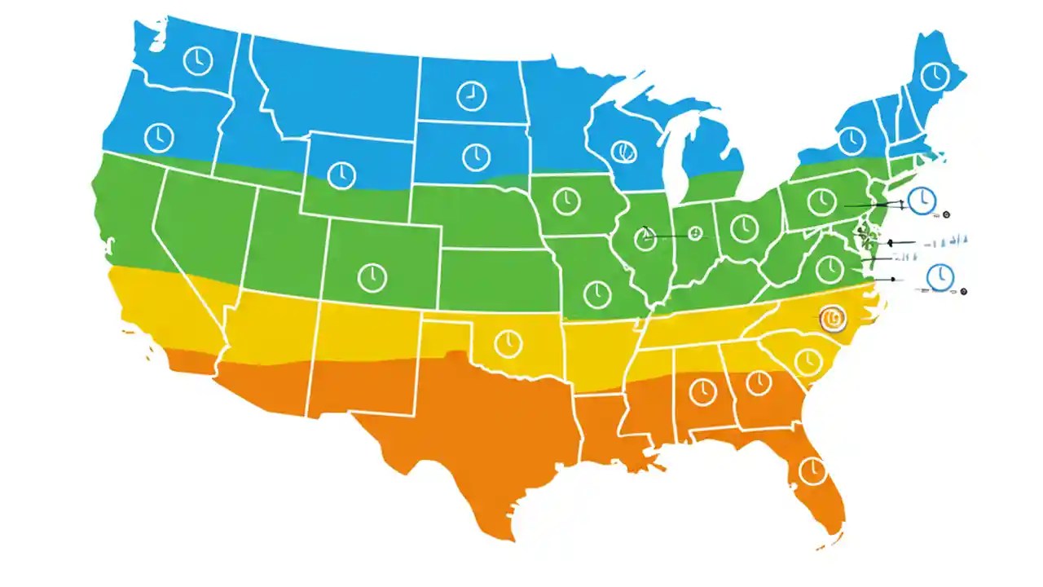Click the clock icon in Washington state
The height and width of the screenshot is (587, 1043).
click(197, 61)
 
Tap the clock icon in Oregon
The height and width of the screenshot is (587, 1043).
click(159, 136)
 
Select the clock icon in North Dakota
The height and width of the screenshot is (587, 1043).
click(470, 96)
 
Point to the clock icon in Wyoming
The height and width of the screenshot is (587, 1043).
click(341, 174)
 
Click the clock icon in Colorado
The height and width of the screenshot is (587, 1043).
click(372, 276)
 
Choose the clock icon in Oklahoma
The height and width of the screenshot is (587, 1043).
click(508, 342)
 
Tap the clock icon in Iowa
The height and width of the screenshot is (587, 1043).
click(566, 201)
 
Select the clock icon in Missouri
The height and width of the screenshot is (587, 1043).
click(597, 293)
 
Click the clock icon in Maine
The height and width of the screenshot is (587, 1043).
click(935, 76)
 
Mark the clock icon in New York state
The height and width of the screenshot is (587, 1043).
click(852, 139)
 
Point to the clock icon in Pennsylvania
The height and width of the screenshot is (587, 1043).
click(821, 201)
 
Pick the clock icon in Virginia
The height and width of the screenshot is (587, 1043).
click(830, 269)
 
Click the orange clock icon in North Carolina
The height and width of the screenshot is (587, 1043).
click(833, 317)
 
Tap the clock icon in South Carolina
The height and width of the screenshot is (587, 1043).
click(808, 360)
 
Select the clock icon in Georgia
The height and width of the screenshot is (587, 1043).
click(758, 382)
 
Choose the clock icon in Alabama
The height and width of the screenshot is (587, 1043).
click(702, 392)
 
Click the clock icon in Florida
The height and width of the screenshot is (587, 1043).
click(812, 470)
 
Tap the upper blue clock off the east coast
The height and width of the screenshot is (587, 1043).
click(922, 200)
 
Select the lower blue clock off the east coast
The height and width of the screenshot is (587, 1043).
click(940, 276)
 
